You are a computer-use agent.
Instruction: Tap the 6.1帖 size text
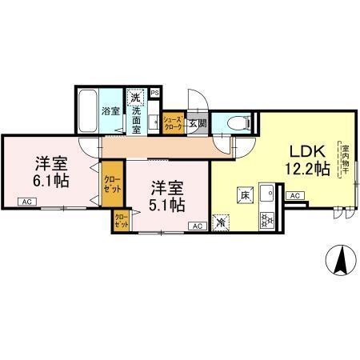click(x=50, y=180)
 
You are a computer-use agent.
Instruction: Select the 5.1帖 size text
click(x=167, y=204)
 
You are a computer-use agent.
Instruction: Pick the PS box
click(x=154, y=92)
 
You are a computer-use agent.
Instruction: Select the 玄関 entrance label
click(x=197, y=123)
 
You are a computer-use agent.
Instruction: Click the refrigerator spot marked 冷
click(x=222, y=222)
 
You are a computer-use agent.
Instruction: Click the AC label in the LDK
click(x=294, y=195)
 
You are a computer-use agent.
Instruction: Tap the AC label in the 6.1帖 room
click(x=27, y=202)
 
